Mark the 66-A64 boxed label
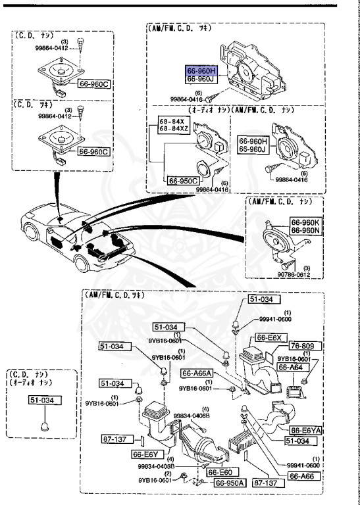click(x=303, y=366)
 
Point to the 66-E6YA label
click(x=305, y=430)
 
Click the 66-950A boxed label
click(x=229, y=483)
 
